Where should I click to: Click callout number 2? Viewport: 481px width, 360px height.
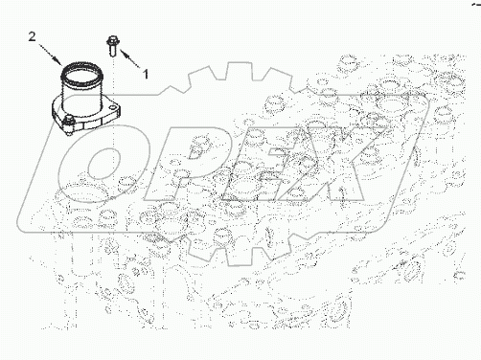[x=33, y=36]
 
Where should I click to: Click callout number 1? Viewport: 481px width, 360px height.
[x=146, y=74]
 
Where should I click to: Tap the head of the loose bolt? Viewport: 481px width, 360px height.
[x=112, y=39]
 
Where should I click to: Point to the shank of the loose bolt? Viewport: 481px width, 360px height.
[x=112, y=50]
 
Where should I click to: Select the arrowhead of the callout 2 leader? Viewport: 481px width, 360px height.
[x=57, y=60]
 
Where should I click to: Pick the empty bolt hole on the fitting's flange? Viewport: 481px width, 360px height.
[x=112, y=105]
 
